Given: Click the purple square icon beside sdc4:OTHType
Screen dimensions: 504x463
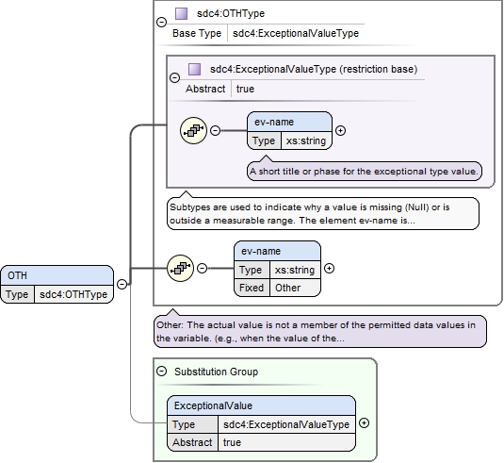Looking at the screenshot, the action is (181, 13).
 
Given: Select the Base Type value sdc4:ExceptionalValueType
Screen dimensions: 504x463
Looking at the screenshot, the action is (296, 33).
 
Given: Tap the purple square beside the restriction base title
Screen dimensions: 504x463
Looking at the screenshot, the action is (194, 69).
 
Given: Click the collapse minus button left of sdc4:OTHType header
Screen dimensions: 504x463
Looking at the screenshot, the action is (161, 22).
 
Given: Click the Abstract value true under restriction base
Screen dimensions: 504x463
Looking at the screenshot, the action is (245, 89).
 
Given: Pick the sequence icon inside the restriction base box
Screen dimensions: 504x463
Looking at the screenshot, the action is (193, 130).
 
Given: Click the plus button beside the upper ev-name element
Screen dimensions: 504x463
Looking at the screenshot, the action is (340, 130).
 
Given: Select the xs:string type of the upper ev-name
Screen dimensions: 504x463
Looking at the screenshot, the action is (306, 141).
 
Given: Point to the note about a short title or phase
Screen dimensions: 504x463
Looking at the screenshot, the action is (365, 172).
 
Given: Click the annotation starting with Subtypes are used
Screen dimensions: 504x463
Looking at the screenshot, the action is (323, 214).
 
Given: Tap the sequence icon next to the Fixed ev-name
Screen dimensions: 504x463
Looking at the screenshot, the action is (180, 268).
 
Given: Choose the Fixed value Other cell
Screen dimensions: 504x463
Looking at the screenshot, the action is (295, 288).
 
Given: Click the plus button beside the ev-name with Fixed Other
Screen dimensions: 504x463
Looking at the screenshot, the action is (329, 268).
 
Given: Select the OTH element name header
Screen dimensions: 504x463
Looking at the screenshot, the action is (57, 275).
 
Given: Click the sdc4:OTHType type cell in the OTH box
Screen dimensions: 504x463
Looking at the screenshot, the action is (73, 294).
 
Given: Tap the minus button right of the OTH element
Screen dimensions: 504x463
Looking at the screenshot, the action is (122, 284).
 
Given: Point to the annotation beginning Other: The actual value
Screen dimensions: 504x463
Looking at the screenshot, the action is (320, 331).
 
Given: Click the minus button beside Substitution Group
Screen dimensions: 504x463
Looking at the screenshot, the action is (161, 372).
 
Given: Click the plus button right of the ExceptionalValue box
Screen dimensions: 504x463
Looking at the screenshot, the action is (364, 422).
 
